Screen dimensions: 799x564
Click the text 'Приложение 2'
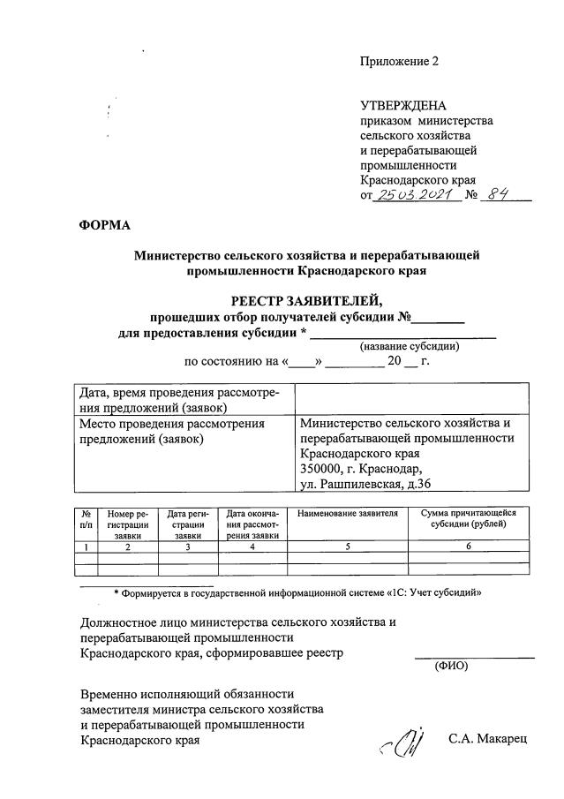[399, 62]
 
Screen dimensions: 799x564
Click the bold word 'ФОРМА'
[103, 226]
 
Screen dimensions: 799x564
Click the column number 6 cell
[468, 547]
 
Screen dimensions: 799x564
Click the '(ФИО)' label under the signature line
[451, 666]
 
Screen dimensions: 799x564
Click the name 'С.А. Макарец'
[486, 738]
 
